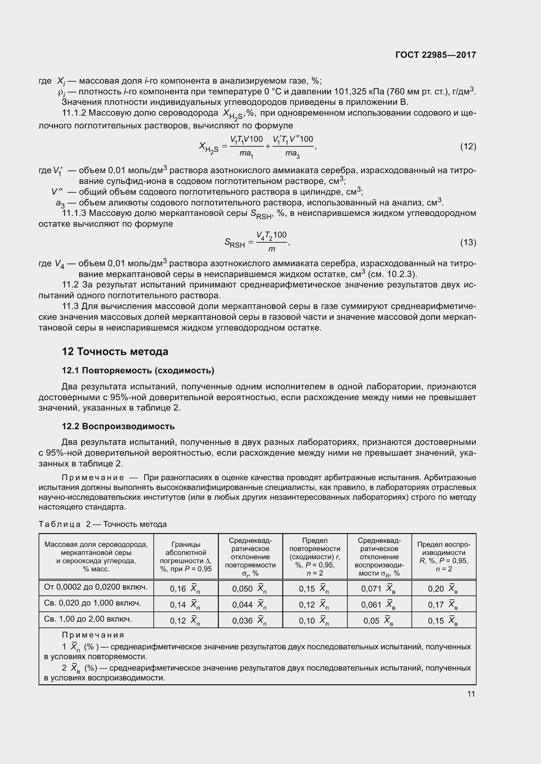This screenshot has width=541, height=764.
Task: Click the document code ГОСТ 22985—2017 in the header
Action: coord(435,55)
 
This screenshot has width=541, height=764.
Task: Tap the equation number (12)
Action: coord(468,146)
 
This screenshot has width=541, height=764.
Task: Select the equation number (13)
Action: coord(468,242)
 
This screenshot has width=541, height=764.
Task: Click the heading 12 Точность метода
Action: coord(115,352)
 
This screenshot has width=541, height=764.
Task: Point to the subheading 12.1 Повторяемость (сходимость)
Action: coord(138,370)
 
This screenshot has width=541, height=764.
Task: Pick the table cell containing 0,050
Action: coord(250,589)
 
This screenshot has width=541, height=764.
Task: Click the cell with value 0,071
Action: coord(379,589)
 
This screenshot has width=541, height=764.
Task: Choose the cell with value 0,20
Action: coord(444,589)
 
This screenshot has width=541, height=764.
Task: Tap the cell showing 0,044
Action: coord(250,605)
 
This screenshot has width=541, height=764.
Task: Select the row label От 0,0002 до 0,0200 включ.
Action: coord(96,587)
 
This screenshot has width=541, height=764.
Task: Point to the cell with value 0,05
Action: coord(379,621)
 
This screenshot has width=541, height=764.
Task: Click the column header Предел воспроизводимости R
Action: coord(444,557)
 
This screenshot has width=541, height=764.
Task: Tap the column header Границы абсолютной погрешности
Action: coord(185,557)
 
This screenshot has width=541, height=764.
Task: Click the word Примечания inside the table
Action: coord(93,635)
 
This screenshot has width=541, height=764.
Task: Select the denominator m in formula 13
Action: coord(271,249)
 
